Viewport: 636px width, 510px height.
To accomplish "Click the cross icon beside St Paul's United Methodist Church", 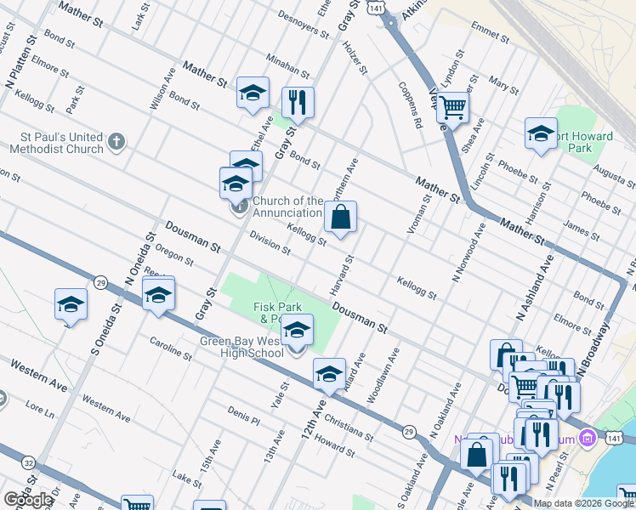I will (117, 141).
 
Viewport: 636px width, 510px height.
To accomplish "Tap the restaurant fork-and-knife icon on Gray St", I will (298, 103).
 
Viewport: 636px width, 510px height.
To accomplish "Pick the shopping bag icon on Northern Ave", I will (340, 217).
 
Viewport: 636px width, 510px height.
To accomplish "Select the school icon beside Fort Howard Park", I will (541, 133).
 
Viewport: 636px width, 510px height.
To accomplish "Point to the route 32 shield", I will (29, 462).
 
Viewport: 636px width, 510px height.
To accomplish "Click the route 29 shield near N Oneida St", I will (100, 282).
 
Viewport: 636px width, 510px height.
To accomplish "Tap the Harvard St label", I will (341, 272).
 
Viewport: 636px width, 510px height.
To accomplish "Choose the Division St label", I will (270, 245).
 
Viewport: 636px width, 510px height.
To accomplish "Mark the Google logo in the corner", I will (28, 500).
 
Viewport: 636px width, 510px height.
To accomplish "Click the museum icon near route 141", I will (586, 439).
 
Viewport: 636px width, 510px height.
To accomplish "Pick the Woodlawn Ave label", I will (382, 375).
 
